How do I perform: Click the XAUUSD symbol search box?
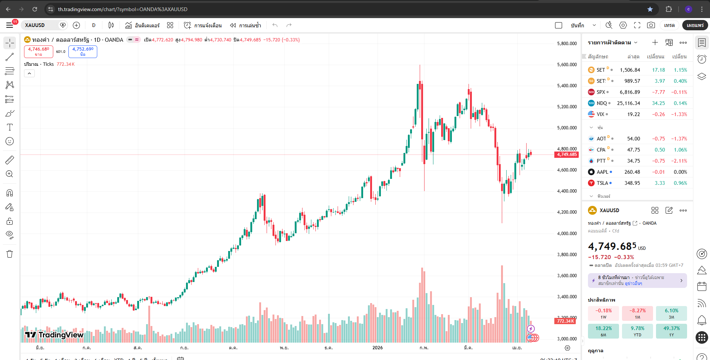pos(39,25)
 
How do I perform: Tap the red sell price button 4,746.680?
pos(38,51)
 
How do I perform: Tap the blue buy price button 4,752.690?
pos(83,51)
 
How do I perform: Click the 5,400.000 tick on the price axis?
pos(567,86)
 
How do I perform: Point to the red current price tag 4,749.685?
pos(567,154)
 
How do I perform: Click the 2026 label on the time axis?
pos(377,348)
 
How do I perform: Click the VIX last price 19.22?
pos(633,114)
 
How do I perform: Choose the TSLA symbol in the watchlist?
pos(602,183)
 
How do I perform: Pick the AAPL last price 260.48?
pos(632,172)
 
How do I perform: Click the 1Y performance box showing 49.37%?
pos(671,331)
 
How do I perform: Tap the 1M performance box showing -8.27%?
pos(637,313)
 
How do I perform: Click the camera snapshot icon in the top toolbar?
pos(651,25)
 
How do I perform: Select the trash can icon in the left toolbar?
pos(10,254)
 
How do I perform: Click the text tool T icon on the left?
pos(10,127)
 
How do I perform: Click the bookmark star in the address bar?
pos(650,9)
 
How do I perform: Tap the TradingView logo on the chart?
pos(54,335)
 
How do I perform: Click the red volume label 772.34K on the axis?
pos(566,321)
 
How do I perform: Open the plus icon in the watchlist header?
pos(655,43)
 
